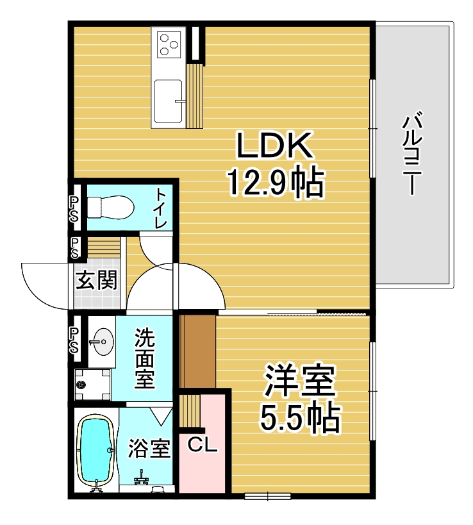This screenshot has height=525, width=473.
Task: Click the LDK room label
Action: click(274, 145)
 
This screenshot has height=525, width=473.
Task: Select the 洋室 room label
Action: click(300, 380)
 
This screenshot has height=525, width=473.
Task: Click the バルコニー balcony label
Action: click(412, 154)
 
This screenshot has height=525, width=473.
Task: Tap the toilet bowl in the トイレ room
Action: click(110, 208)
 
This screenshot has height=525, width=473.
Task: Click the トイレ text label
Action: click(160, 208)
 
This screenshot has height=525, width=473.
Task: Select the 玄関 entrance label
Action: click(96, 280)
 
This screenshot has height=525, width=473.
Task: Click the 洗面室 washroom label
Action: click(145, 358)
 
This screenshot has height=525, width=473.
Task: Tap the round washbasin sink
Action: click(103, 342)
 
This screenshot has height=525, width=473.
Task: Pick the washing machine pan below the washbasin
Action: click(92, 384)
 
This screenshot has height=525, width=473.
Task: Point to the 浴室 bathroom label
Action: click(149, 448)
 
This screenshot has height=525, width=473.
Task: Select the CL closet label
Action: click(202, 446)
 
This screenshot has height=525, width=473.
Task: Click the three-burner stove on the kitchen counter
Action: click(168, 44)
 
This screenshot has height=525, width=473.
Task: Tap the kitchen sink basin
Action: click(168, 101)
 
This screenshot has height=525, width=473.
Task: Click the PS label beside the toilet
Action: click(74, 209)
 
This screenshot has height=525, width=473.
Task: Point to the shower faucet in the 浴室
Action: click(142, 478)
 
